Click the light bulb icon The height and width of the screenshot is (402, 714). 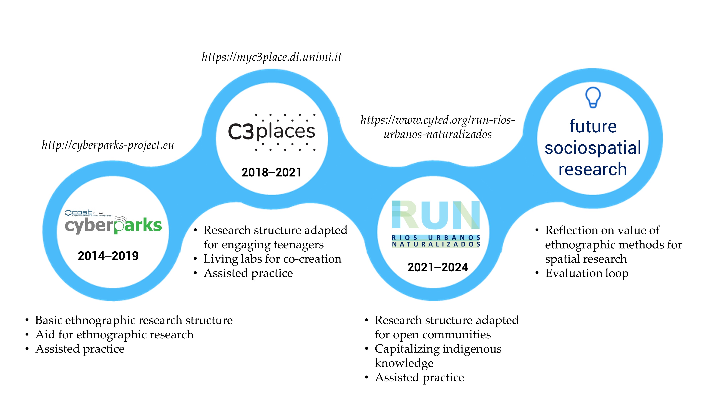click(593, 97)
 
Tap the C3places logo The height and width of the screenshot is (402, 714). click(272, 132)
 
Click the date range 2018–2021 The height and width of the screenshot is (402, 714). click(271, 172)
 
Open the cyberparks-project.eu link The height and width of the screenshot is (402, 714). click(108, 145)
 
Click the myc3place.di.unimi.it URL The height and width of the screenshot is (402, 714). click(271, 57)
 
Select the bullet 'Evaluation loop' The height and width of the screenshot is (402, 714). click(587, 273)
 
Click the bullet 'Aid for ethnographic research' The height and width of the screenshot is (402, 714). click(114, 335)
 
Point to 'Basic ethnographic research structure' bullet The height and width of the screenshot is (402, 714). click(134, 320)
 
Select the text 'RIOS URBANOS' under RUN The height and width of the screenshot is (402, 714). click(436, 238)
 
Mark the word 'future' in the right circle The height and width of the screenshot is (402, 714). click(593, 126)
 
